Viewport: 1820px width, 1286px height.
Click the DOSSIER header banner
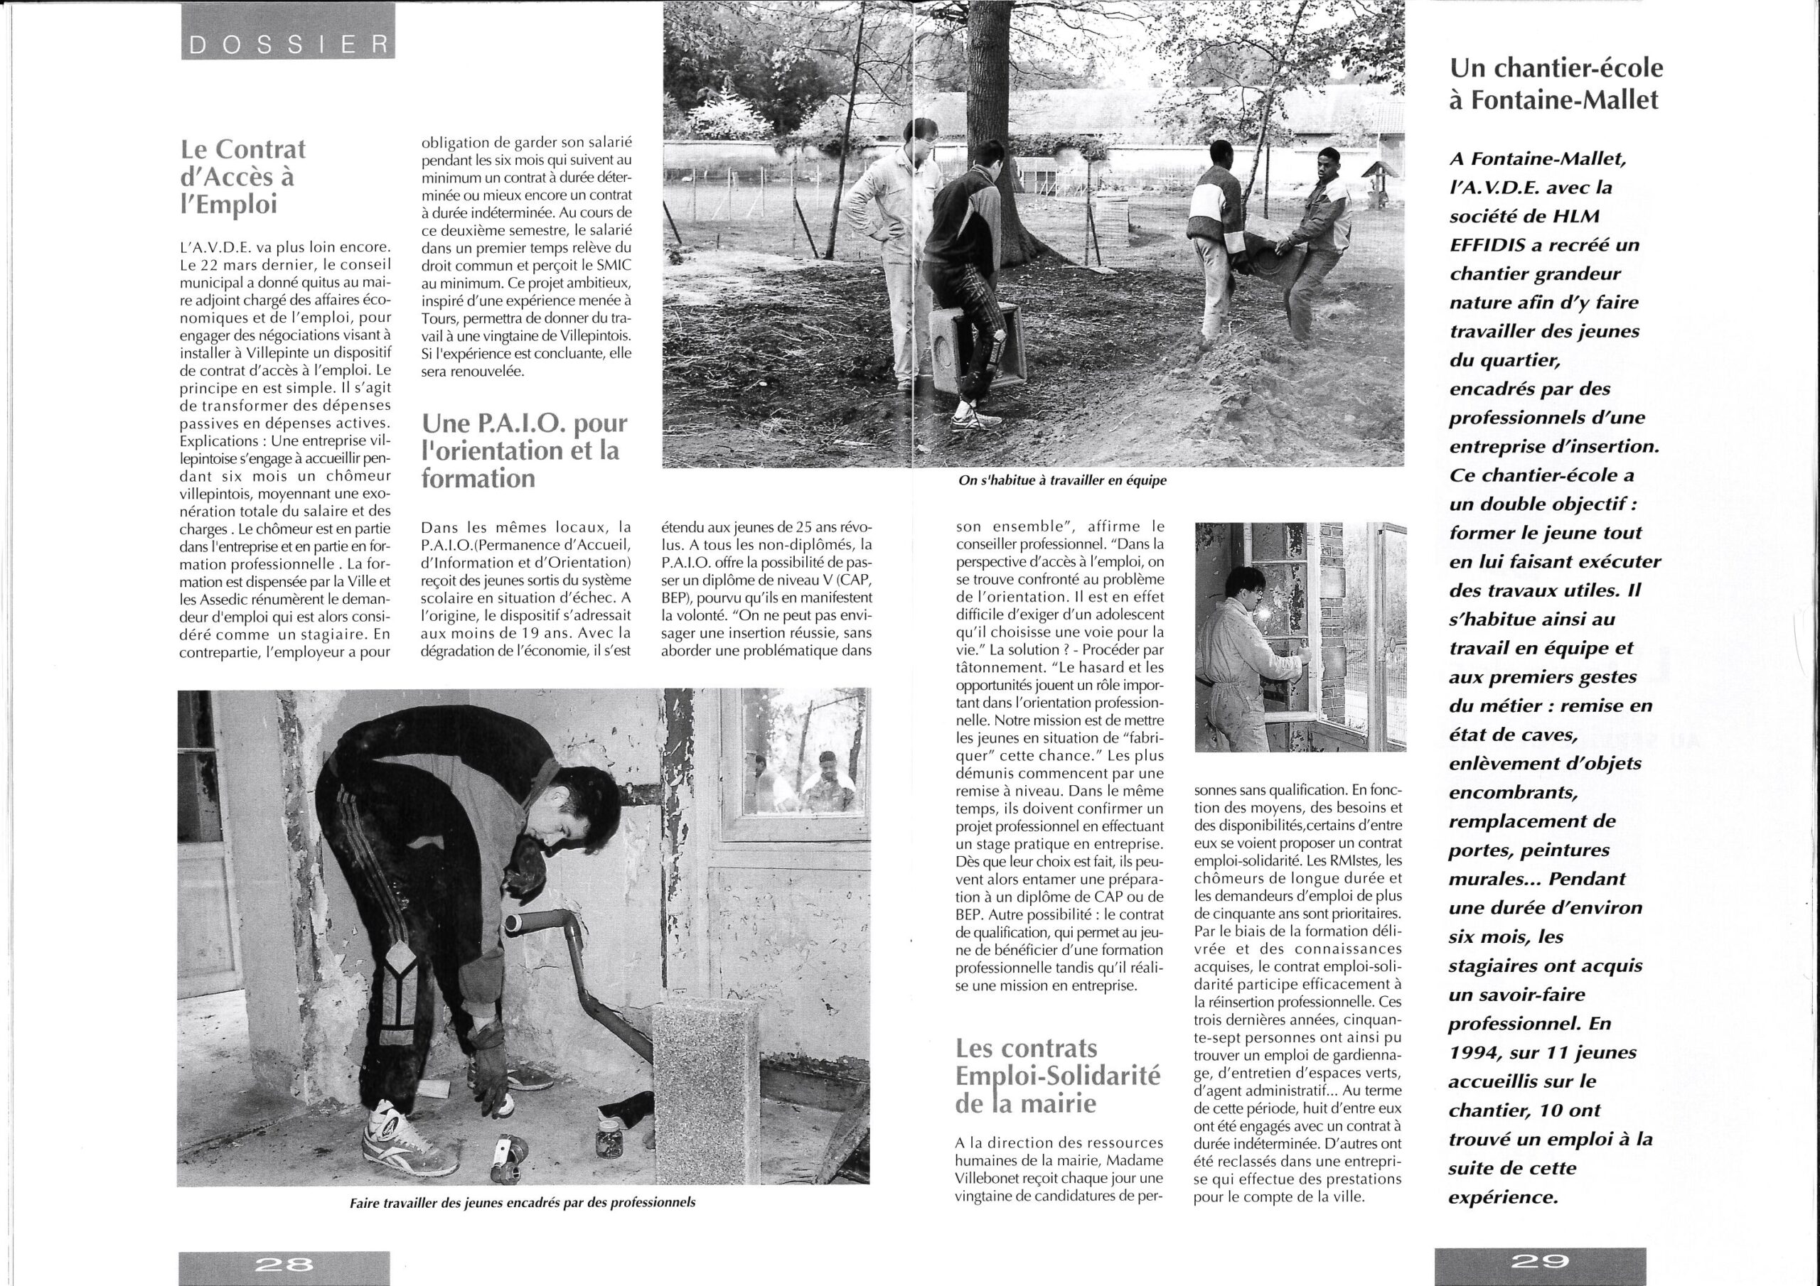pos(288,46)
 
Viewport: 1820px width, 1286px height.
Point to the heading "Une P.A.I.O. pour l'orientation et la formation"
pos(524,450)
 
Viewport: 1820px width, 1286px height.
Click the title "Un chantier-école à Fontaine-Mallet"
pos(1557,84)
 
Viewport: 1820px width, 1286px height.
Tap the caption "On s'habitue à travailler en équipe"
pos(1062,480)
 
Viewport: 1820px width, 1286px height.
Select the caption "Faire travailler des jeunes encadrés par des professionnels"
pos(523,1202)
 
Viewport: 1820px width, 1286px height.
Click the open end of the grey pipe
pos(514,922)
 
